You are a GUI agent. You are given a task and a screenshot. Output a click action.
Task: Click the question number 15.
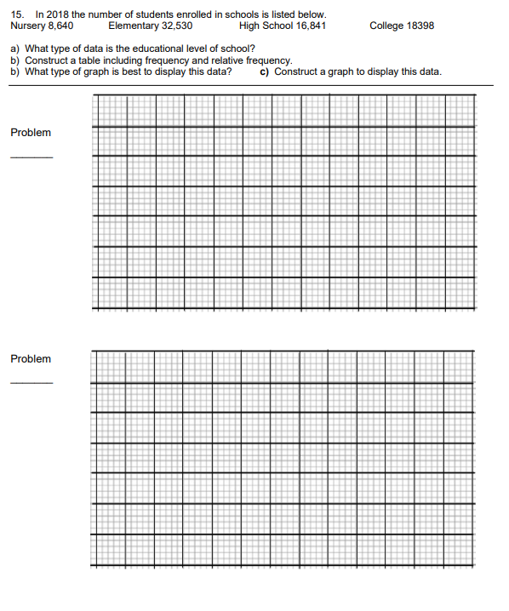[17, 14]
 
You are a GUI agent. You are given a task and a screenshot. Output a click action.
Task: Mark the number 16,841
[309, 26]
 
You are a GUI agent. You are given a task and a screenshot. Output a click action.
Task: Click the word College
[387, 26]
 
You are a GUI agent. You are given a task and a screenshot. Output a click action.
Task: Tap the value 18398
[420, 26]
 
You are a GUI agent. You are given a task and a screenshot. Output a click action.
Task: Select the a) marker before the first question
[15, 49]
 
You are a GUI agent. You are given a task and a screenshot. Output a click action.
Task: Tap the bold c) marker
[266, 71]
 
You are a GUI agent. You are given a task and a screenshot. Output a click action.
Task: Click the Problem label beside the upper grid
[31, 133]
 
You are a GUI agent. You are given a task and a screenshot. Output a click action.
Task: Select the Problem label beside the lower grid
[31, 359]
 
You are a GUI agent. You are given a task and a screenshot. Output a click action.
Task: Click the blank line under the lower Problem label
[31, 383]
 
